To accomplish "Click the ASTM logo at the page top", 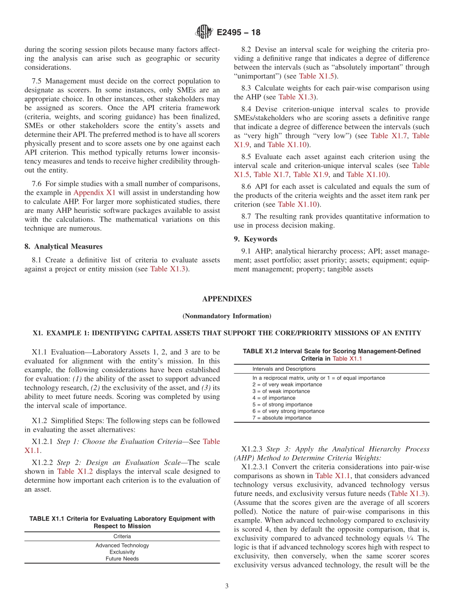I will point(205,32).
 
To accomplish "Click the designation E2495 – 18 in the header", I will point(238,33).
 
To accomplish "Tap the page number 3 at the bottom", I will point(227,586).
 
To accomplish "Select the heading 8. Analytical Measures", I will point(64,247).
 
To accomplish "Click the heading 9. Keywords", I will point(260,239).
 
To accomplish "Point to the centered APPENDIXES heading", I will point(227,299).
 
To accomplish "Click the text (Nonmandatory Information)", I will point(227,316).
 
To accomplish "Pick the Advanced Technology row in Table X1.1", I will point(122,545).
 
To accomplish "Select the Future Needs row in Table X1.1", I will point(122,559).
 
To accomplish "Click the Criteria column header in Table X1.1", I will point(122,536).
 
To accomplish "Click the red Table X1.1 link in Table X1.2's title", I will point(347,358).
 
